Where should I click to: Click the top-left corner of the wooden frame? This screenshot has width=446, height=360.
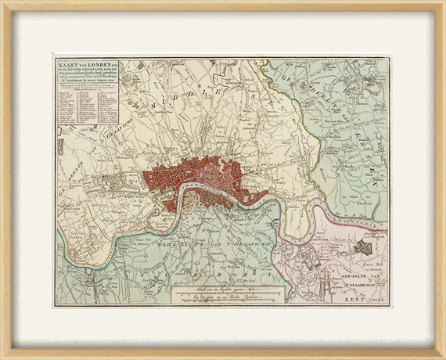pyautogui.click(x=3, y=3)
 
